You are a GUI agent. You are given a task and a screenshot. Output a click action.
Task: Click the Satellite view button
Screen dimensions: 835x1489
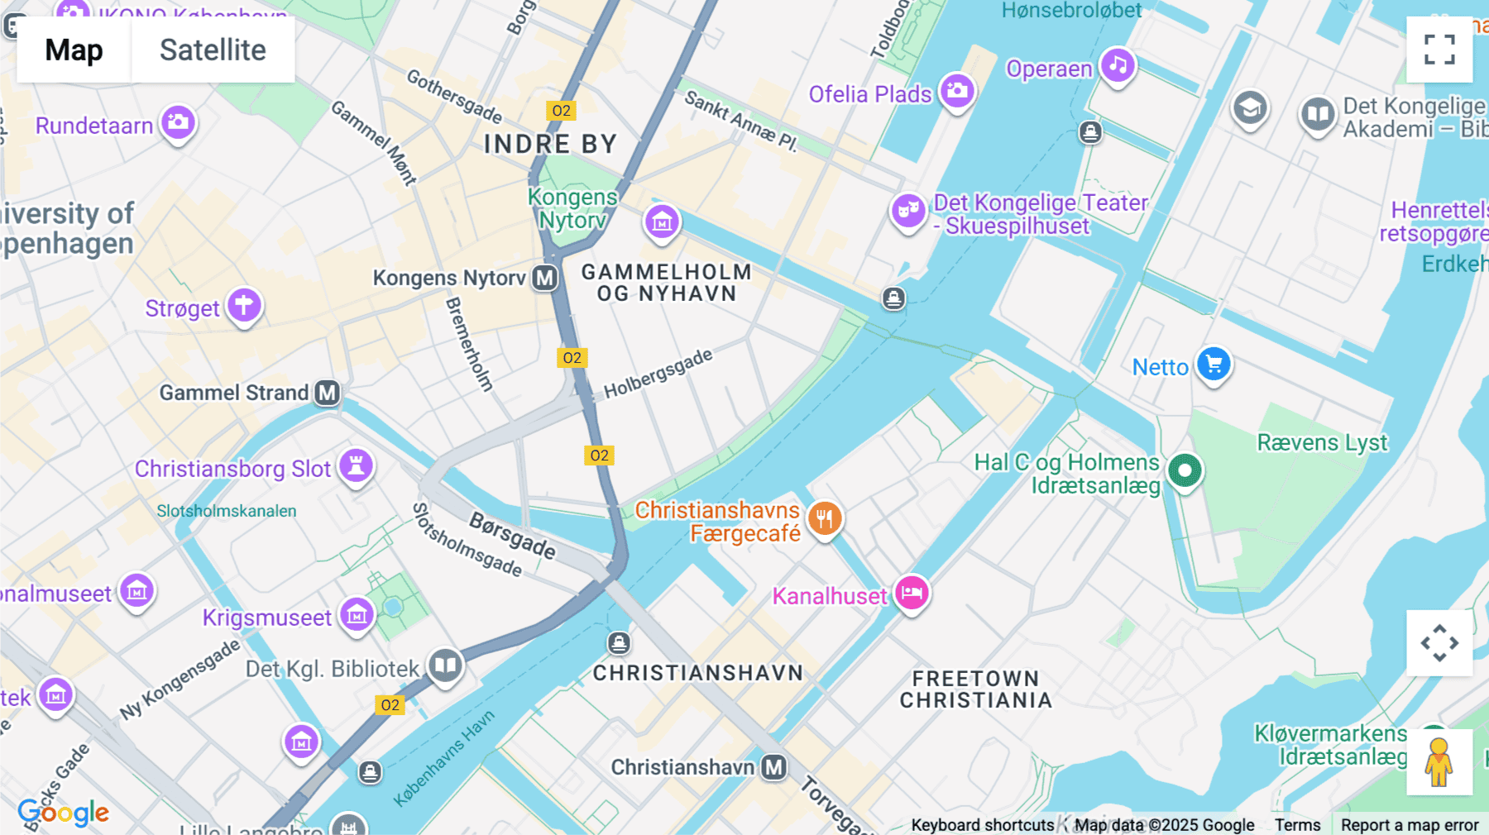tap(213, 50)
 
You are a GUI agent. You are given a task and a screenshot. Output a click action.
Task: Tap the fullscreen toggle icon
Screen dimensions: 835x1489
tap(1439, 50)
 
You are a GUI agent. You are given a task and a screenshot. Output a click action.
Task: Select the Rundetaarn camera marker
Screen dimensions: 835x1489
tap(178, 122)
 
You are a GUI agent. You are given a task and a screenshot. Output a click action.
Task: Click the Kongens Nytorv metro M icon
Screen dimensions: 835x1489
tap(544, 278)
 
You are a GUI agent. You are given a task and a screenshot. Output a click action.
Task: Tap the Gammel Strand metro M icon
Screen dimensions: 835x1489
tap(328, 393)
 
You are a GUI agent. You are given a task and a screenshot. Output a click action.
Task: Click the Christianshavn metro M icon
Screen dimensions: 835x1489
tap(774, 767)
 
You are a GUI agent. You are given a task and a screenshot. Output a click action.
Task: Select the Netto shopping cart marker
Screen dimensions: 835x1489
tap(1214, 364)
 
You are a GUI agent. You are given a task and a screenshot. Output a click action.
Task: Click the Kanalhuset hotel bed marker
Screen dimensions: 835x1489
tap(912, 593)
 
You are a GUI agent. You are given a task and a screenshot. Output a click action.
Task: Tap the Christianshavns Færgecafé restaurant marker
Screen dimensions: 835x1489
tap(825, 518)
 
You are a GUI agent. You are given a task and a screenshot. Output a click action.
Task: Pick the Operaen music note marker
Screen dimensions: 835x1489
tap(1118, 64)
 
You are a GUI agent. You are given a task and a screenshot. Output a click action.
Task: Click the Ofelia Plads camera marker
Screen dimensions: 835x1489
tap(957, 91)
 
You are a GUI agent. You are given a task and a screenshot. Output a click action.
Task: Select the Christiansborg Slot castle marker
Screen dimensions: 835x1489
tap(357, 465)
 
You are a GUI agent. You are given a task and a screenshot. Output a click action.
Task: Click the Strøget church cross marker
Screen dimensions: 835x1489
tap(244, 305)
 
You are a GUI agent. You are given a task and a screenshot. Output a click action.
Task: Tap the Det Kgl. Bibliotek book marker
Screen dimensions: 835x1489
tap(445, 665)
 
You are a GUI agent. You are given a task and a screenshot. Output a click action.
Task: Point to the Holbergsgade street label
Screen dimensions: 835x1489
tap(658, 374)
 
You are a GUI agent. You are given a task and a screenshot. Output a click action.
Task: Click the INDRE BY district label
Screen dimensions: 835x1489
tap(550, 144)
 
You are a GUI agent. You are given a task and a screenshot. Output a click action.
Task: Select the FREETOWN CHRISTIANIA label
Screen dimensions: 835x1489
tap(976, 689)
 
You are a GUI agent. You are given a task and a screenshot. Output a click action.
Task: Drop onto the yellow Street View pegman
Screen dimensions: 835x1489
tap(1439, 762)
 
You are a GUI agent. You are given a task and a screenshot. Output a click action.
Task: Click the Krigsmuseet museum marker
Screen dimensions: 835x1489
tap(357, 614)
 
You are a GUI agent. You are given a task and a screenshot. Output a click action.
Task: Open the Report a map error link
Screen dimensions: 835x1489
tap(1410, 825)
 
